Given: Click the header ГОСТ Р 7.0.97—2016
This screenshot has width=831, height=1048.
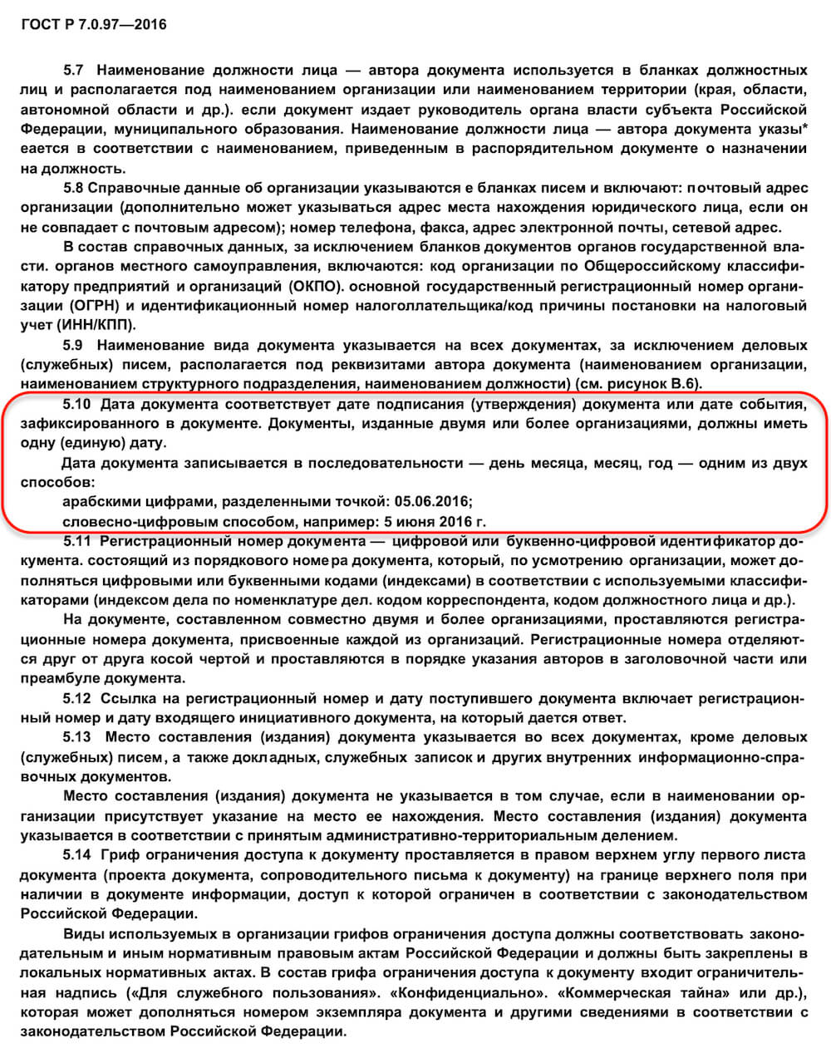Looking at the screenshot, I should point(93,25).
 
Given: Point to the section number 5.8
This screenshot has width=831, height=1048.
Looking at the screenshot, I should point(73,188).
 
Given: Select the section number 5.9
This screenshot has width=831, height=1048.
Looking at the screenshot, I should point(73,344).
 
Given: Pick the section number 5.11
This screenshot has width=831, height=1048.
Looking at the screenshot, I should point(77,542).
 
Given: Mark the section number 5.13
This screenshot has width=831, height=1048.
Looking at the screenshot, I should point(77,738).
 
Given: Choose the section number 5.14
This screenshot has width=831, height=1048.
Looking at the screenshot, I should point(77,855).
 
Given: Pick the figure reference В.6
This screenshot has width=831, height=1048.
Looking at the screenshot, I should point(683,383).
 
